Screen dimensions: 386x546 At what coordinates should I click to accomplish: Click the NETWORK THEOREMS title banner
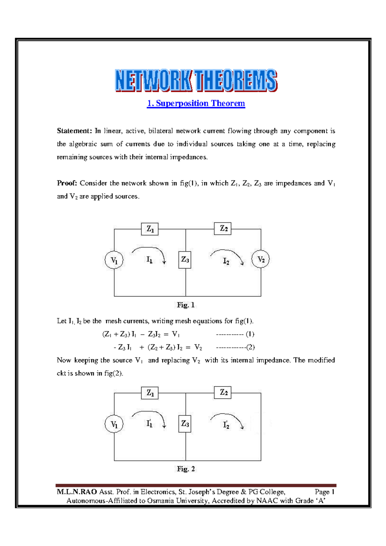[x=196, y=80]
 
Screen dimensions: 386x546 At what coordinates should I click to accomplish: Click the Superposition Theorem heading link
[x=196, y=104]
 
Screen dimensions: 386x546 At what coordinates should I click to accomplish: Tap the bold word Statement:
[x=74, y=131]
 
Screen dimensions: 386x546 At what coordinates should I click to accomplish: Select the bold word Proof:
[x=67, y=183]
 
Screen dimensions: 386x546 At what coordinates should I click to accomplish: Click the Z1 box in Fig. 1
[x=150, y=229]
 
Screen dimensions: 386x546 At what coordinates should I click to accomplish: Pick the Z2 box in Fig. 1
[x=223, y=229]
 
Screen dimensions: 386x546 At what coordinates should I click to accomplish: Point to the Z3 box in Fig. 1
[x=185, y=260]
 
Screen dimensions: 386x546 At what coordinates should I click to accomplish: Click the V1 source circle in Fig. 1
[x=114, y=260]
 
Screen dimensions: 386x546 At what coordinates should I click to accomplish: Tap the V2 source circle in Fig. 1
[x=261, y=259]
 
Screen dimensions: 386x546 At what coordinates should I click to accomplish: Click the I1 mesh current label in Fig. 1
[x=150, y=260]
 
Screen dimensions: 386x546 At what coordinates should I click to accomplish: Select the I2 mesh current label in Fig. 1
[x=226, y=261]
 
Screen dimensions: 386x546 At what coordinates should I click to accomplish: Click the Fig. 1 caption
[x=186, y=305]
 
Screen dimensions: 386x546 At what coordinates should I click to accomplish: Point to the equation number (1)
[x=250, y=334]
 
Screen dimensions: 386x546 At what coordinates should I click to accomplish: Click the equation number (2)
[x=250, y=347]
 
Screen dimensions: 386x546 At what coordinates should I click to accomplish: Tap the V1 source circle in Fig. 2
[x=114, y=424]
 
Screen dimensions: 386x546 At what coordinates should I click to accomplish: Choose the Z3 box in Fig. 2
[x=185, y=424]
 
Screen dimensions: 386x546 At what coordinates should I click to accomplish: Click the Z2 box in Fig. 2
[x=223, y=393]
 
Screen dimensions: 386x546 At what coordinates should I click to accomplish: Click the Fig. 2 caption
[x=186, y=469]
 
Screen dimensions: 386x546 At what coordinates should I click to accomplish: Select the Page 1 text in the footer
[x=325, y=492]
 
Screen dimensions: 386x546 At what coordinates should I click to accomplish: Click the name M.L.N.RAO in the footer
[x=77, y=492]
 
